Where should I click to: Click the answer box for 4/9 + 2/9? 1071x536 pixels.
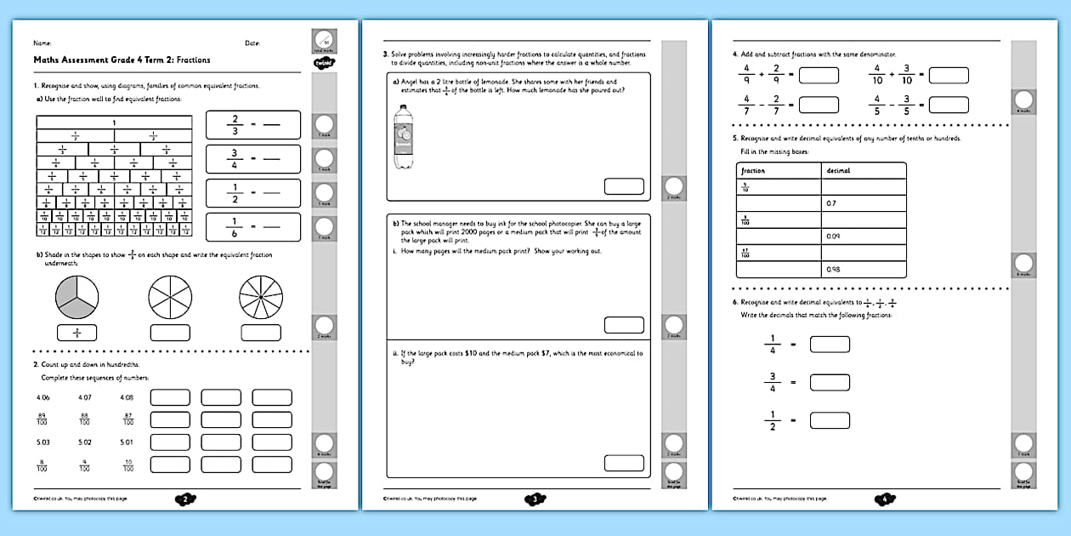819,75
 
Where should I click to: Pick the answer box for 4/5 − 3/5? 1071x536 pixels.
949,105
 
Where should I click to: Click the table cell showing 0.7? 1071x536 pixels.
863,203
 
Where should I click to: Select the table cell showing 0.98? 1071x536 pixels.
863,270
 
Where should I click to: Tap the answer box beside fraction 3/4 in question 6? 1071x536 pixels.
830,382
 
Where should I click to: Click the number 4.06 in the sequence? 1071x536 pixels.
44,397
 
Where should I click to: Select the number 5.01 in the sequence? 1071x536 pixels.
127,442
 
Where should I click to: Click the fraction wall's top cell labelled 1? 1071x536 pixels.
114,123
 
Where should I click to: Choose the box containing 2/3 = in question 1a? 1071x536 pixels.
253,125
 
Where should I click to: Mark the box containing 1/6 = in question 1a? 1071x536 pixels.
253,227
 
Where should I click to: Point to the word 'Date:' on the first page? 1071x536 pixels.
252,43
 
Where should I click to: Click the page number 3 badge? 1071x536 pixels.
535,499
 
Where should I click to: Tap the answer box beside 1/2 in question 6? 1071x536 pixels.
830,420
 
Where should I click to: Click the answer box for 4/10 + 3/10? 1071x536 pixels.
949,75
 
